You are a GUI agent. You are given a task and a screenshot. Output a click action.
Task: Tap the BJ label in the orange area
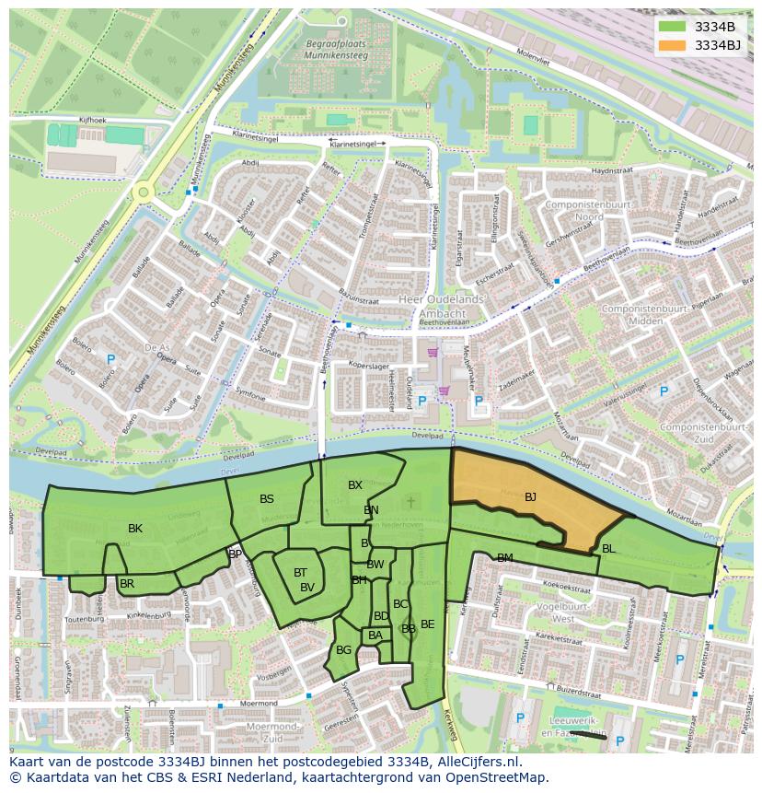coord(530,497)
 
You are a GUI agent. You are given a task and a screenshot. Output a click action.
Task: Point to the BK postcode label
coord(135,529)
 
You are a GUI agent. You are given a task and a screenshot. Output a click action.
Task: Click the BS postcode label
coord(267,499)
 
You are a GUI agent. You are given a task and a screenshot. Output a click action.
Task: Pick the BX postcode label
coord(354,485)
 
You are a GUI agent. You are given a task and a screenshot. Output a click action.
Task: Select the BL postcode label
coord(608,549)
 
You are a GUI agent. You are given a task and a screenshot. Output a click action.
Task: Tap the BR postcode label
coord(127,584)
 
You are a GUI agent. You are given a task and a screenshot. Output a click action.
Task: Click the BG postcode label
coord(343,650)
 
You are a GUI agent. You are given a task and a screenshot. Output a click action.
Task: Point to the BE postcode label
coord(427,624)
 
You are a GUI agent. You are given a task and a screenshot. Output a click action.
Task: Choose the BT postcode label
coord(300,573)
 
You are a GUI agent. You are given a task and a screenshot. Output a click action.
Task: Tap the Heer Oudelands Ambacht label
coord(440,306)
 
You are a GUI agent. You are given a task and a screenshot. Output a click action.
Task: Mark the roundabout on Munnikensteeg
coord(143,192)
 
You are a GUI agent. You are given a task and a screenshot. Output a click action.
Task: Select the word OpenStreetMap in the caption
coord(498,777)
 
